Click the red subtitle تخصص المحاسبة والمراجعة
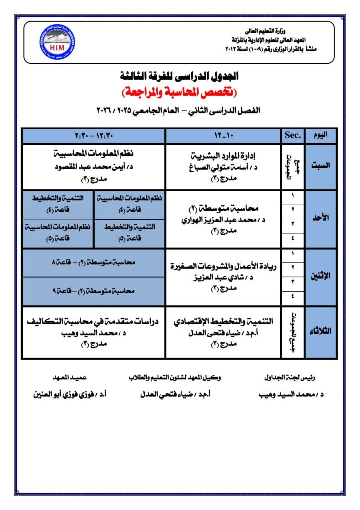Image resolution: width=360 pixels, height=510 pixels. pyautogui.click(x=180, y=92)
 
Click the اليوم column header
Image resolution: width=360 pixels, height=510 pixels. pyautogui.click(x=321, y=135)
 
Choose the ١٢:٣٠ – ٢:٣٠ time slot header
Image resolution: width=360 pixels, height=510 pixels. pyautogui.click(x=94, y=135)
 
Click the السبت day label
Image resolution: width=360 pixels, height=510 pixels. pyautogui.click(x=321, y=167)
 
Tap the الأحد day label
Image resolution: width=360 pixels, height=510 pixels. pyautogui.click(x=321, y=219)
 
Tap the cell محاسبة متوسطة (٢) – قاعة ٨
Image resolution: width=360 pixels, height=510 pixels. pyautogui.click(x=94, y=262)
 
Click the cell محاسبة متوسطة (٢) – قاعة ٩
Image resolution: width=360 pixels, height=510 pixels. pyautogui.click(x=94, y=291)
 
